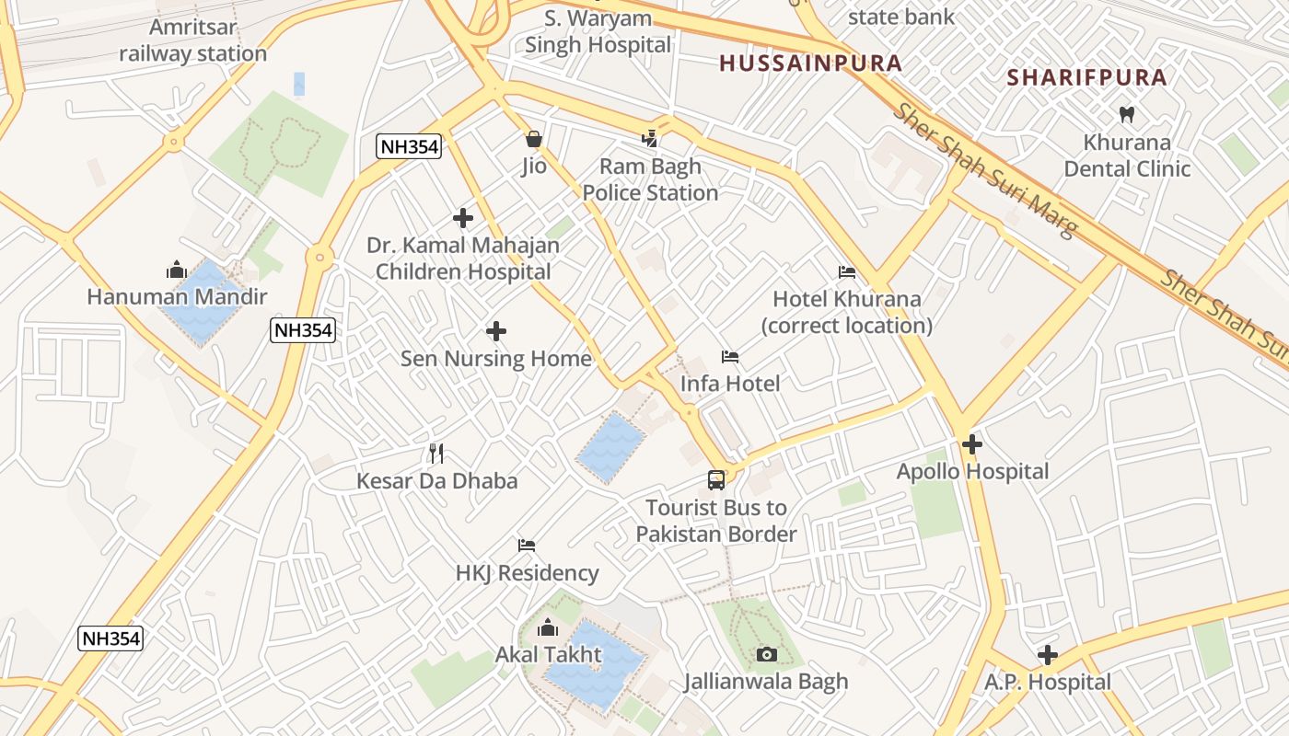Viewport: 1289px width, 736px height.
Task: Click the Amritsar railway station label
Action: [x=192, y=40]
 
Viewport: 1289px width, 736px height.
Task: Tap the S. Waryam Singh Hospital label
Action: [x=598, y=31]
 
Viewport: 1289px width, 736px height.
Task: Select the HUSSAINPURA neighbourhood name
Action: [x=810, y=63]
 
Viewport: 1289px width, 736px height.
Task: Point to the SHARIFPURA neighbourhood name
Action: [x=1087, y=77]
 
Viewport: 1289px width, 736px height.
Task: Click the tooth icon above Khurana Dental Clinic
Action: [x=1125, y=115]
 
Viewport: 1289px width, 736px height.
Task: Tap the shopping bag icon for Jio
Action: [x=533, y=139]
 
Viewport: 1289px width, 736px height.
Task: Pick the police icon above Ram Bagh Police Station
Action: [x=650, y=139]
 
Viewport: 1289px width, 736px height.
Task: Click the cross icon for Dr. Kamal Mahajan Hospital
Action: [x=463, y=218]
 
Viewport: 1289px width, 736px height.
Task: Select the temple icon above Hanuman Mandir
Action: [x=176, y=270]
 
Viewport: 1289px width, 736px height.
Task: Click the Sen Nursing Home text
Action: [x=495, y=358]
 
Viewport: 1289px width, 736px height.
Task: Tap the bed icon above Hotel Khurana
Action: [x=847, y=272]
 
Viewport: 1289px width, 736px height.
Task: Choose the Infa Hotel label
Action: [x=730, y=384]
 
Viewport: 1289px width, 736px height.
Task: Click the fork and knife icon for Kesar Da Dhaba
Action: [x=436, y=454]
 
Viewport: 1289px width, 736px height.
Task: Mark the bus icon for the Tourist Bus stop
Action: [x=715, y=479]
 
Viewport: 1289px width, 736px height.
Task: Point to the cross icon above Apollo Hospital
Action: [x=972, y=445]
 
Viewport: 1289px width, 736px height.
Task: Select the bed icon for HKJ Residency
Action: [x=527, y=546]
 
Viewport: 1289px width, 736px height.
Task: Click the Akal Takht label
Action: [x=548, y=654]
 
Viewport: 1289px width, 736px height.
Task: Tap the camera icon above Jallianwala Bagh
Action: [x=766, y=654]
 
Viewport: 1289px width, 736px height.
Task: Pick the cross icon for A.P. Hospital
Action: [x=1047, y=655]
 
